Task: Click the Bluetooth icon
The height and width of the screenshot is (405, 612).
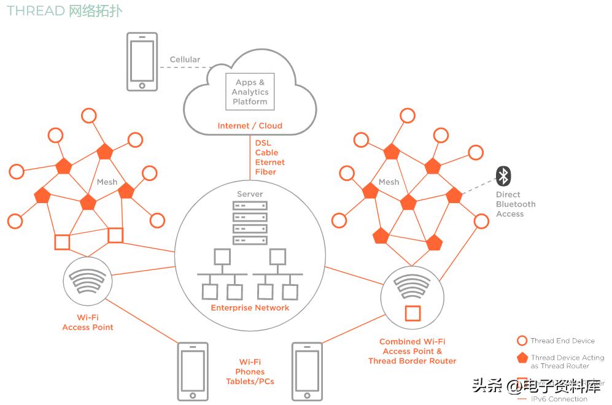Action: click(x=503, y=177)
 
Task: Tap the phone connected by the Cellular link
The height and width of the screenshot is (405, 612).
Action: click(x=142, y=62)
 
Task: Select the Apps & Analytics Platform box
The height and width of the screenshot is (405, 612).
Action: click(x=250, y=91)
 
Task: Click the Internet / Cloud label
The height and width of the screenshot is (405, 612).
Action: click(x=250, y=126)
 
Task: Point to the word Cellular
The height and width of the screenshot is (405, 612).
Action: click(x=185, y=60)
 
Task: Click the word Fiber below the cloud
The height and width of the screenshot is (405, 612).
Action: click(x=265, y=172)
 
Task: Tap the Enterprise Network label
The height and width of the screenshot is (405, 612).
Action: click(x=250, y=307)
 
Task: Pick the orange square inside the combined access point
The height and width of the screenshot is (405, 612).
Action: click(x=413, y=313)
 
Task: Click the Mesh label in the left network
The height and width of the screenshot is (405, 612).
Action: click(x=107, y=182)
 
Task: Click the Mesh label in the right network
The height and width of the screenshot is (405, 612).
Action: click(x=389, y=182)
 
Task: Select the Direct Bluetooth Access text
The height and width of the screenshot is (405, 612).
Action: click(x=515, y=204)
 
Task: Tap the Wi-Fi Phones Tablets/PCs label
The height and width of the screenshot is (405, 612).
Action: click(x=250, y=371)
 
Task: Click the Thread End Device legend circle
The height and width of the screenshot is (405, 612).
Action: click(x=522, y=341)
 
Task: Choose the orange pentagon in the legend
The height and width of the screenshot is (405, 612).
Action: click(x=522, y=358)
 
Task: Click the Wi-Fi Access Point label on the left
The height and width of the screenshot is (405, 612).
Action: click(x=88, y=322)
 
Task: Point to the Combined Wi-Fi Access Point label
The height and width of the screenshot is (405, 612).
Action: click(x=413, y=351)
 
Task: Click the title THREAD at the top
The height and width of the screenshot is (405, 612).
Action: click(x=36, y=11)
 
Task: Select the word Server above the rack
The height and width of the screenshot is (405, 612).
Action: click(x=250, y=195)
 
